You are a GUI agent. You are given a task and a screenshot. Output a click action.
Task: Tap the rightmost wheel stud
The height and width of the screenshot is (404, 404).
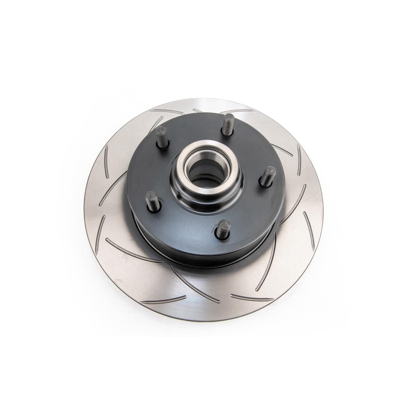[x=268, y=176]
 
